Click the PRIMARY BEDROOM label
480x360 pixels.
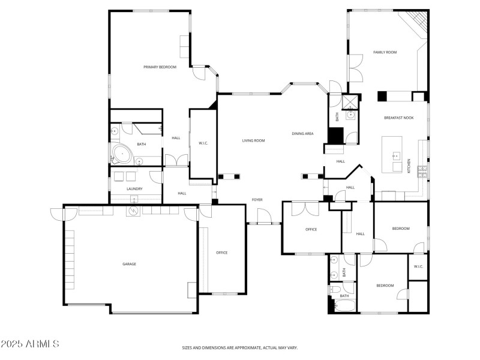pyautogui.click(x=160, y=67)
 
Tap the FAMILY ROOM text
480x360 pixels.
pyautogui.click(x=385, y=53)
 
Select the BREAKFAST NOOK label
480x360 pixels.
pyautogui.click(x=399, y=118)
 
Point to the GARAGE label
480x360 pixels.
pyautogui.click(x=129, y=264)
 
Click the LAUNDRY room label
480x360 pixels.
pyautogui.click(x=134, y=189)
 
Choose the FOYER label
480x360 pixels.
pyautogui.click(x=257, y=199)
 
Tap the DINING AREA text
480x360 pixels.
pyautogui.click(x=302, y=134)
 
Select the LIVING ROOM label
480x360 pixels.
pyautogui.click(x=253, y=141)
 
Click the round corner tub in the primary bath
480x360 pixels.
pyautogui.click(x=122, y=154)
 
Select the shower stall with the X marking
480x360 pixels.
pyautogui.click(x=352, y=100)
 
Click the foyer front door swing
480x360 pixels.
pyautogui.click(x=263, y=215)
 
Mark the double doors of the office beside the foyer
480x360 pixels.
pyautogui.click(x=305, y=208)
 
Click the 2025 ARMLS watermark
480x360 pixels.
pyautogui.click(x=30, y=344)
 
